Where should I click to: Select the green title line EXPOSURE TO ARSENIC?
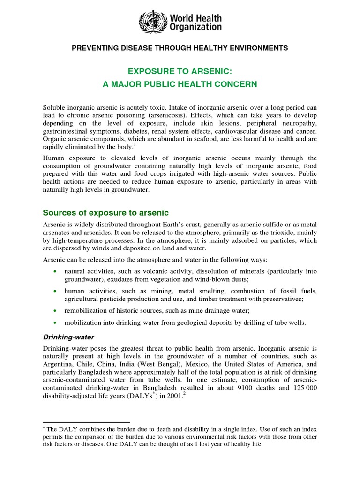(180, 70)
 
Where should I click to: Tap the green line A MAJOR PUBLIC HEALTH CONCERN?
(180, 84)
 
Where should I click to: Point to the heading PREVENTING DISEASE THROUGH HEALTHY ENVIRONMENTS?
(180, 48)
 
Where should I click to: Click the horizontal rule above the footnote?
(86, 422)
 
